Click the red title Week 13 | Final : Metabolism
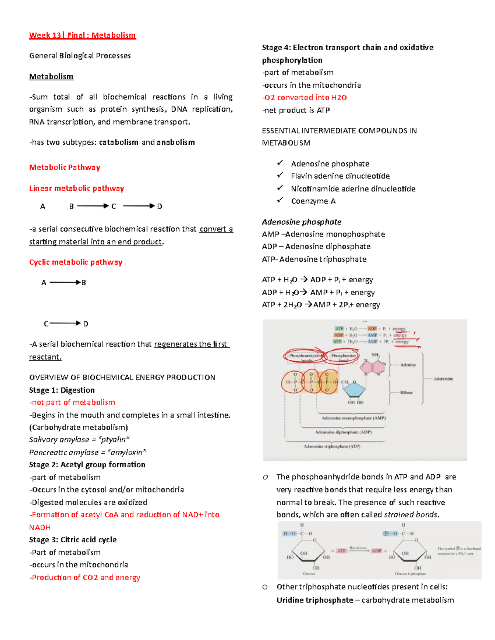(82, 35)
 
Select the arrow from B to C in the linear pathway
(93, 206)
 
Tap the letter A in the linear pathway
(42, 206)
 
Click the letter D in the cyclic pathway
(85, 324)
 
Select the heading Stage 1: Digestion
(62, 390)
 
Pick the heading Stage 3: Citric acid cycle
(73, 539)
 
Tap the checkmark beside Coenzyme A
(280, 200)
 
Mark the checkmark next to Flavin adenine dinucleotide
(280, 175)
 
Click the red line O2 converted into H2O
(304, 98)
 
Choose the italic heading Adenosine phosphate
(302, 222)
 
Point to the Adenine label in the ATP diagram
(408, 365)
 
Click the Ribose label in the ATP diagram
(406, 392)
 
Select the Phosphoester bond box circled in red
(344, 356)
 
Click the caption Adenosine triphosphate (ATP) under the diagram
(332, 446)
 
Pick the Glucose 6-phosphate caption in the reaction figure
(410, 574)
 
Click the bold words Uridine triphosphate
(315, 600)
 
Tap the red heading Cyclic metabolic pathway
(75, 262)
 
